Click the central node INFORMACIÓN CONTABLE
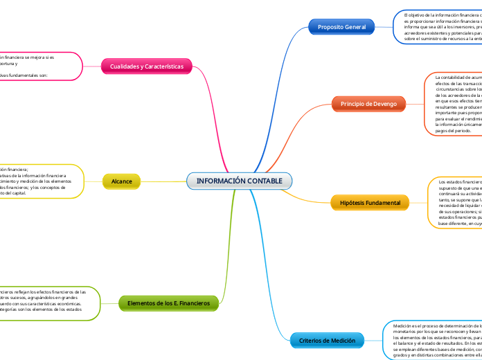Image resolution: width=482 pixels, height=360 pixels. point(240,181)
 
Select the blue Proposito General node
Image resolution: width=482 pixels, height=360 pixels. point(341,26)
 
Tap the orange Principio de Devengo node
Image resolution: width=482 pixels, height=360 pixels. point(368,104)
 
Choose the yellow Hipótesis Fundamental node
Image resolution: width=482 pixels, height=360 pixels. point(371,202)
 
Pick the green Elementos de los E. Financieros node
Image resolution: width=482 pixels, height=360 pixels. point(168,303)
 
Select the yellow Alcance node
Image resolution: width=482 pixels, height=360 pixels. point(121,181)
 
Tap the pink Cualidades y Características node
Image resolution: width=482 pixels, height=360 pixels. point(147,66)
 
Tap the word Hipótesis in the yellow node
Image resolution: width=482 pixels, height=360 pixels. point(355,202)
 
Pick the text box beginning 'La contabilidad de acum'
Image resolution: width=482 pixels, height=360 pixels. point(453,104)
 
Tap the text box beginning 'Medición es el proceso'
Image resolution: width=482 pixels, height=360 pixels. point(433,340)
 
